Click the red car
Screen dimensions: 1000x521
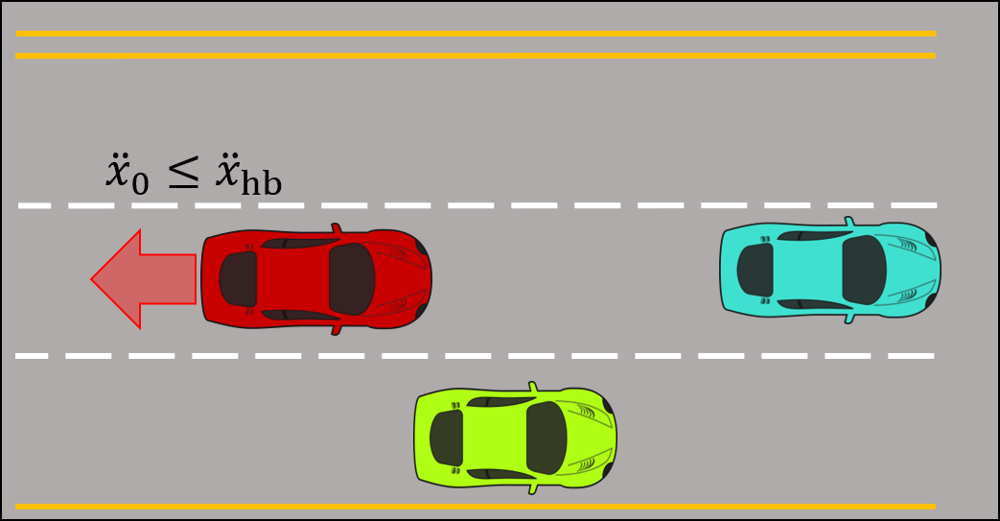[x=316, y=279]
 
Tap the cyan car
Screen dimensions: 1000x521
[x=830, y=270]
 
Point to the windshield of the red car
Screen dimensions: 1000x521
[x=351, y=279]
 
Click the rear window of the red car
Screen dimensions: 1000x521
[x=238, y=279]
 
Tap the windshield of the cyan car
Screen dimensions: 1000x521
[x=864, y=270]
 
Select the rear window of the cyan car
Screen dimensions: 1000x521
[x=756, y=270]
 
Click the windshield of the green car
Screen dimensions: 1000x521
[x=547, y=438]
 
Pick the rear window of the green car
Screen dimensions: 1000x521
[x=446, y=438]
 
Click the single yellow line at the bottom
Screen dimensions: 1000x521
[x=475, y=506]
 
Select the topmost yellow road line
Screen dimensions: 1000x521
[x=475, y=33]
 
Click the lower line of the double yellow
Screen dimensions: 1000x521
[x=475, y=56]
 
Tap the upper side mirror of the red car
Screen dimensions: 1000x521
[x=336, y=229]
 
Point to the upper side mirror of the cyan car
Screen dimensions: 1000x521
[x=849, y=222]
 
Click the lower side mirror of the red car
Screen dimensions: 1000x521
[x=336, y=329]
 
